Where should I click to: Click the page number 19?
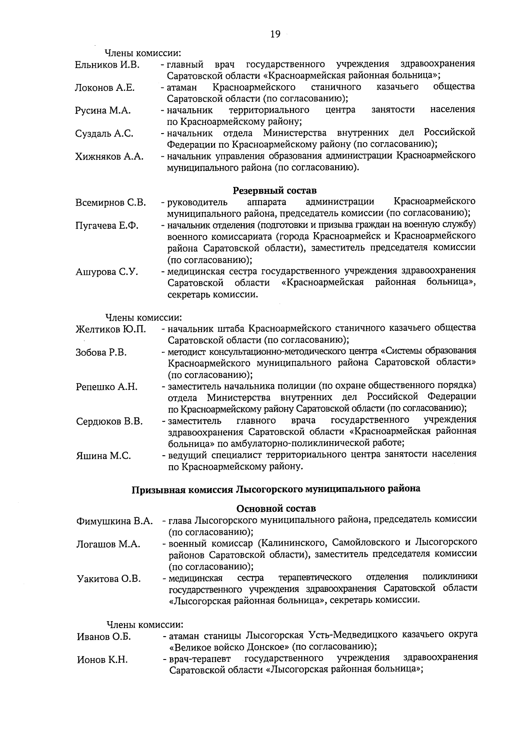pyautogui.click(x=275, y=34)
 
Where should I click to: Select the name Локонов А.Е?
pyautogui.click(x=105, y=88)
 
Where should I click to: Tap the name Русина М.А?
pyautogui.click(x=103, y=111)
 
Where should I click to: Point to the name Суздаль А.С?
pyautogui.click(x=104, y=134)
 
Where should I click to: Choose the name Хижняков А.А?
pyautogui.click(x=109, y=157)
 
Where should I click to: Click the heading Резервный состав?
pyautogui.click(x=275, y=190)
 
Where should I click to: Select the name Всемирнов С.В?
pyautogui.click(x=111, y=202)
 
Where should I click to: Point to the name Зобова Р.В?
pyautogui.click(x=101, y=352)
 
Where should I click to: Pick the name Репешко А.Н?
pyautogui.click(x=107, y=387)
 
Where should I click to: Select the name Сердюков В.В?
pyautogui.click(x=109, y=421)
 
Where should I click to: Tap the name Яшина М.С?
pyautogui.click(x=103, y=456)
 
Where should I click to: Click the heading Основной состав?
pyautogui.click(x=276, y=509)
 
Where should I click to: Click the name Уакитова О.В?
pyautogui.click(x=109, y=579)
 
